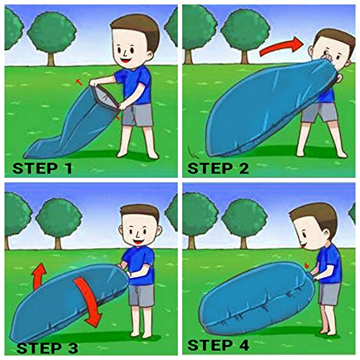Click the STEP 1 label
click(42, 168)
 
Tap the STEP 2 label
click(218, 168)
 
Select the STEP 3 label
click(48, 348)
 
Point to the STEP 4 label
click(218, 346)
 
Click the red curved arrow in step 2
click(282, 47)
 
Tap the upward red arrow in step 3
click(40, 276)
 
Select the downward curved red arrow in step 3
click(89, 300)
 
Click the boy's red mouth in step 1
click(126, 60)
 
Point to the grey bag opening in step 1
click(106, 97)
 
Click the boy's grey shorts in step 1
click(138, 115)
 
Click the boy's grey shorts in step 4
click(329, 294)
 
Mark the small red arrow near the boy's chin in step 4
click(307, 266)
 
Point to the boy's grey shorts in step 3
click(142, 296)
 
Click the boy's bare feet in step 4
click(328, 333)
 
